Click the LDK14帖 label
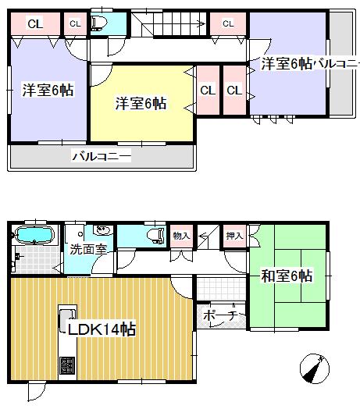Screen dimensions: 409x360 (102, 329)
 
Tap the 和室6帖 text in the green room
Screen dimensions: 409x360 (287, 276)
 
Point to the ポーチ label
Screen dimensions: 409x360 (217, 316)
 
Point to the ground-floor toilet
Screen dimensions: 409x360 (155, 235)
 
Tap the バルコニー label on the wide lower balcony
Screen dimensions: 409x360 (102, 156)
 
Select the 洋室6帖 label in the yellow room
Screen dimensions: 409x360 (141, 102)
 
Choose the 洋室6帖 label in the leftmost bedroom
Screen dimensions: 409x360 (48, 90)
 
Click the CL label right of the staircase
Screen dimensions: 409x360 (228, 23)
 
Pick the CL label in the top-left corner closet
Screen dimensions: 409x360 (35, 23)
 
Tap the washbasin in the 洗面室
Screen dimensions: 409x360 (102, 231)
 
